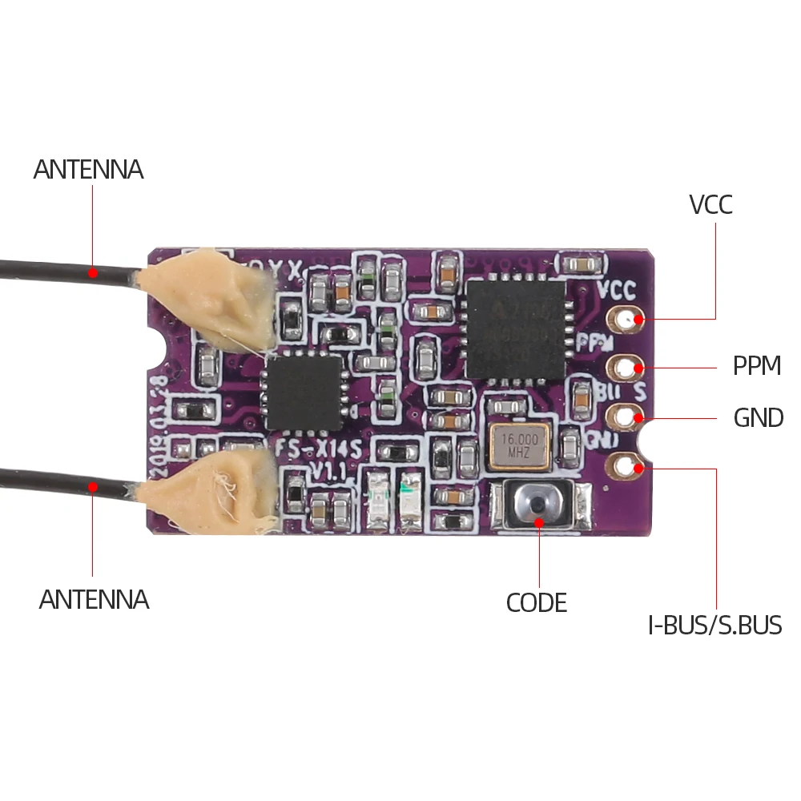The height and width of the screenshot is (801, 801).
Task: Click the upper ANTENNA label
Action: pos(88,170)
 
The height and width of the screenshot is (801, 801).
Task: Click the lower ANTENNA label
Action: pos(94,599)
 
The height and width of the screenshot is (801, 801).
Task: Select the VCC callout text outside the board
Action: pos(710,205)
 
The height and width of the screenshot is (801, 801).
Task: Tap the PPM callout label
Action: pos(756,366)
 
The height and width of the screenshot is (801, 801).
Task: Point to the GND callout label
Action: pos(758,417)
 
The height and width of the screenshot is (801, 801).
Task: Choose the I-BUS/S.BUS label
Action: pos(714,625)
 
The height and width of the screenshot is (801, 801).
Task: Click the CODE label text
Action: pos(536,602)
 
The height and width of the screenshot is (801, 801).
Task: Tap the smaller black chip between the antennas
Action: pos(304,392)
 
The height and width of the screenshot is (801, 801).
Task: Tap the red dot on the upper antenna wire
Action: pos(93,272)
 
